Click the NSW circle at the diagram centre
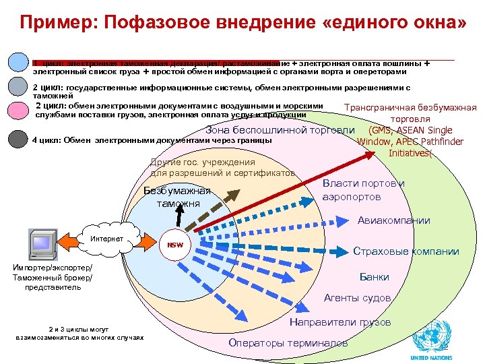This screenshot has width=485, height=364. click(x=174, y=245)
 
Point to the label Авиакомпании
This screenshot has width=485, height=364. click(x=393, y=220)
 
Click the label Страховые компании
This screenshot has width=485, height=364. click(x=406, y=252)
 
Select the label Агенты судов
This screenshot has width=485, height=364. click(x=357, y=298)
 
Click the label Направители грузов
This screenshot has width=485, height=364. click(x=339, y=322)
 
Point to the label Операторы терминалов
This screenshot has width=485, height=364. click(x=288, y=343)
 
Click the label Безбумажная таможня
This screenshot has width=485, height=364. click(x=177, y=197)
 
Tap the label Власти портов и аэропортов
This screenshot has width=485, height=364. click(x=362, y=190)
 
